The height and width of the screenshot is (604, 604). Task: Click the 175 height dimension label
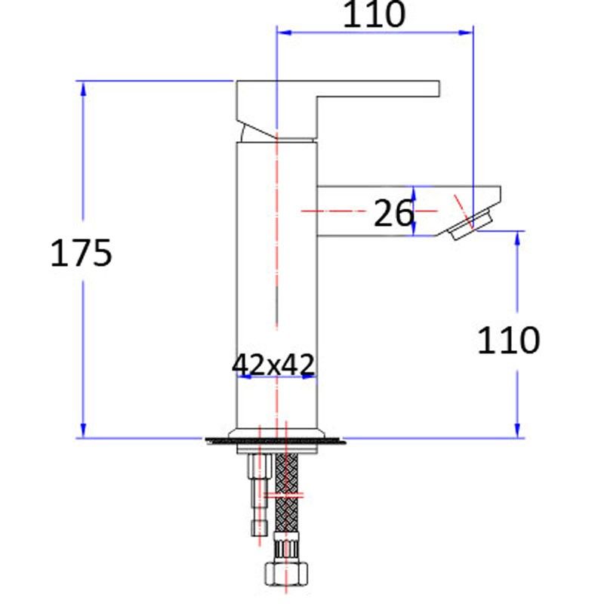click(x=82, y=253)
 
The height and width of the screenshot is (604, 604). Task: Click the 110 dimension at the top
click(x=374, y=15)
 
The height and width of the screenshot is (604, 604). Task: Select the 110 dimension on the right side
click(x=508, y=341)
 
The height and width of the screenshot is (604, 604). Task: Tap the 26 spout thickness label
click(x=394, y=214)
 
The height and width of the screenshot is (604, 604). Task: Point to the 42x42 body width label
click(x=273, y=365)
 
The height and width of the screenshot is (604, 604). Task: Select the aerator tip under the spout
click(x=470, y=226)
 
